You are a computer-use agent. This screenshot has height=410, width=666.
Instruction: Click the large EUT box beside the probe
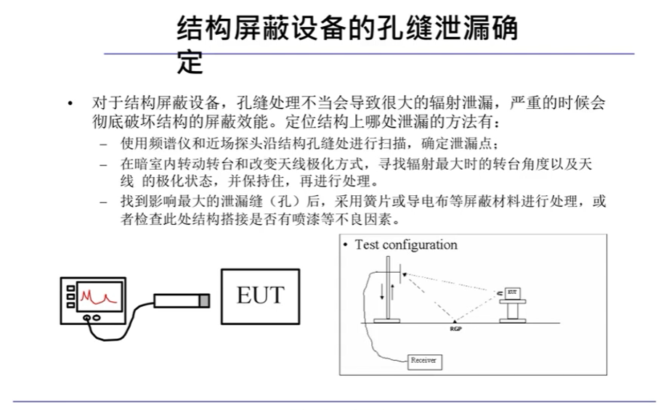tap(261, 296)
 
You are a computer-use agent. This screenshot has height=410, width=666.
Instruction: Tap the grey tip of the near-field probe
tap(205, 300)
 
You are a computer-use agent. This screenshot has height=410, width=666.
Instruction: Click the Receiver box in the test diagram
tap(423, 360)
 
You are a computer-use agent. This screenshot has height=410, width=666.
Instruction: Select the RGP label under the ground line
tap(455, 328)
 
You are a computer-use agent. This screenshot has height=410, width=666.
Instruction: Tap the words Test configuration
tap(406, 245)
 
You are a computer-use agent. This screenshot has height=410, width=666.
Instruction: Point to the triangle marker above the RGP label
tap(455, 320)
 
